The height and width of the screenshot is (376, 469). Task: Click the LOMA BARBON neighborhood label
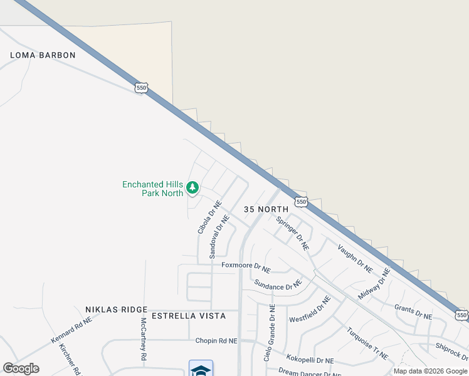pyautogui.click(x=43, y=55)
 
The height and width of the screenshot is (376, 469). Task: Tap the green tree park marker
pyautogui.click(x=192, y=187)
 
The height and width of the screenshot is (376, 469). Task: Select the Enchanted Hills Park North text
pyautogui.click(x=152, y=189)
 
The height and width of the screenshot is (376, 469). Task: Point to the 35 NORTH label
pyautogui.click(x=266, y=209)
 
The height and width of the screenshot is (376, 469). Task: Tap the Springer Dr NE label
pyautogui.click(x=293, y=233)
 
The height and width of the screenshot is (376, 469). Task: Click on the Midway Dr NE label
pyautogui.click(x=375, y=283)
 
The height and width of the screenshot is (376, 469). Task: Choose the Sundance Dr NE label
pyautogui.click(x=278, y=286)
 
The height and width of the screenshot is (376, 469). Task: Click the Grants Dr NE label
pyautogui.click(x=413, y=312)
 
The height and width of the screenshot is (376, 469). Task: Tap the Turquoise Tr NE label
pyautogui.click(x=367, y=343)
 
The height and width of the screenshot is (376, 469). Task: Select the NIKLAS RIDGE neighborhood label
pyautogui.click(x=116, y=310)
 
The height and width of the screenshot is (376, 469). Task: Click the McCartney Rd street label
pyautogui.click(x=144, y=338)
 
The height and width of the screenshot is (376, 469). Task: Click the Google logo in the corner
pyautogui.click(x=21, y=368)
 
